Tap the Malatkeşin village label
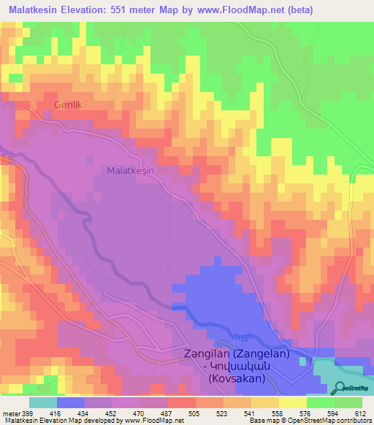pos(130,169)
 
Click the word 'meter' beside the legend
pos(9,413)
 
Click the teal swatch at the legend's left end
pos(43,402)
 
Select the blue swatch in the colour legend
pos(71,402)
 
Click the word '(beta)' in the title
pos(351,10)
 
